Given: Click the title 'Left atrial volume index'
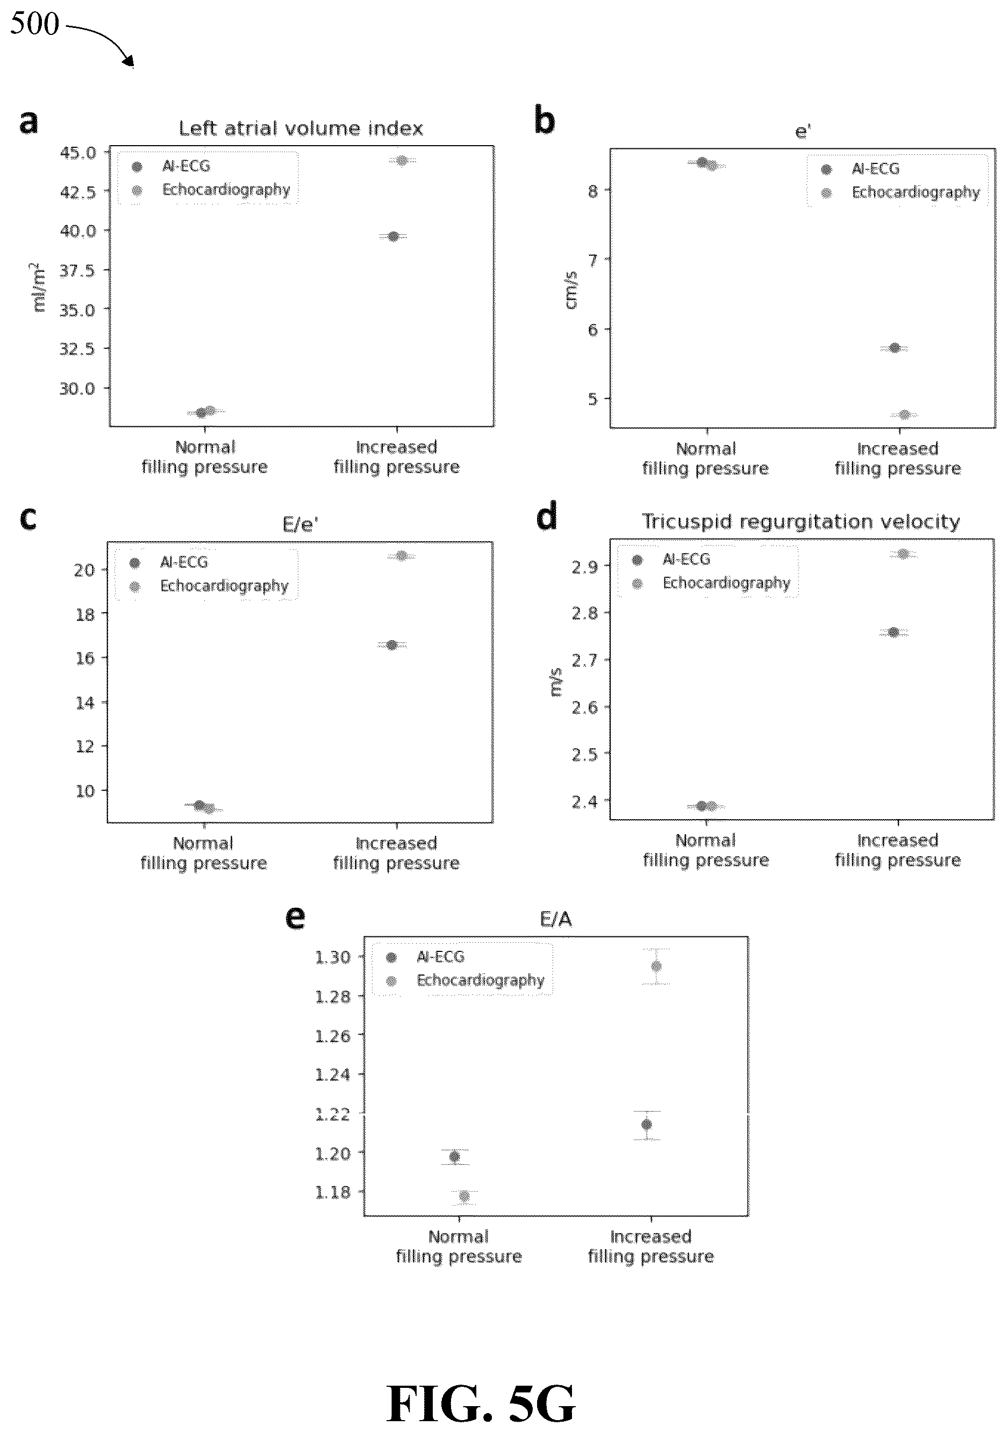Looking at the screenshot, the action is point(301,128).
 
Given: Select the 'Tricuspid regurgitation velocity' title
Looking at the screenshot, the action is point(801,522).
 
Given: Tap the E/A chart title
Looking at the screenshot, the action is point(555,919).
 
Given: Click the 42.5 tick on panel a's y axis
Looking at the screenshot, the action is point(78,191).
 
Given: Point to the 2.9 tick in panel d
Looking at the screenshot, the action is point(585,567).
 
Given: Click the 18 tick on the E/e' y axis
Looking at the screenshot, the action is point(85,614).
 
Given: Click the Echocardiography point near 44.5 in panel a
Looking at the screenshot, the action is point(402,160).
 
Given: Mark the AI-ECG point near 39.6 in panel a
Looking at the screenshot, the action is point(393,237).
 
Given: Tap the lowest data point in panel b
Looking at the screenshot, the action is point(904,415).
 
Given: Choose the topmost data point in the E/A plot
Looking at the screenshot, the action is point(656,966).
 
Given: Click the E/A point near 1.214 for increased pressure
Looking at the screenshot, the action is point(647,1124).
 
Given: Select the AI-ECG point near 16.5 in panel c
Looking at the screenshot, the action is point(391,644).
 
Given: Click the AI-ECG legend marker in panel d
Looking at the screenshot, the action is point(637,560).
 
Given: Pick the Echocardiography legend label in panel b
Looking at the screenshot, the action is point(916,192).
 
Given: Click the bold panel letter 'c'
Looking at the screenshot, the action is point(28,519).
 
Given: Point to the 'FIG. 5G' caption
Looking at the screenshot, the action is point(481,1403).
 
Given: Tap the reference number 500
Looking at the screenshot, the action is point(34,24).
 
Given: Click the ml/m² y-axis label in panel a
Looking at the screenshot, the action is point(38,286).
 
